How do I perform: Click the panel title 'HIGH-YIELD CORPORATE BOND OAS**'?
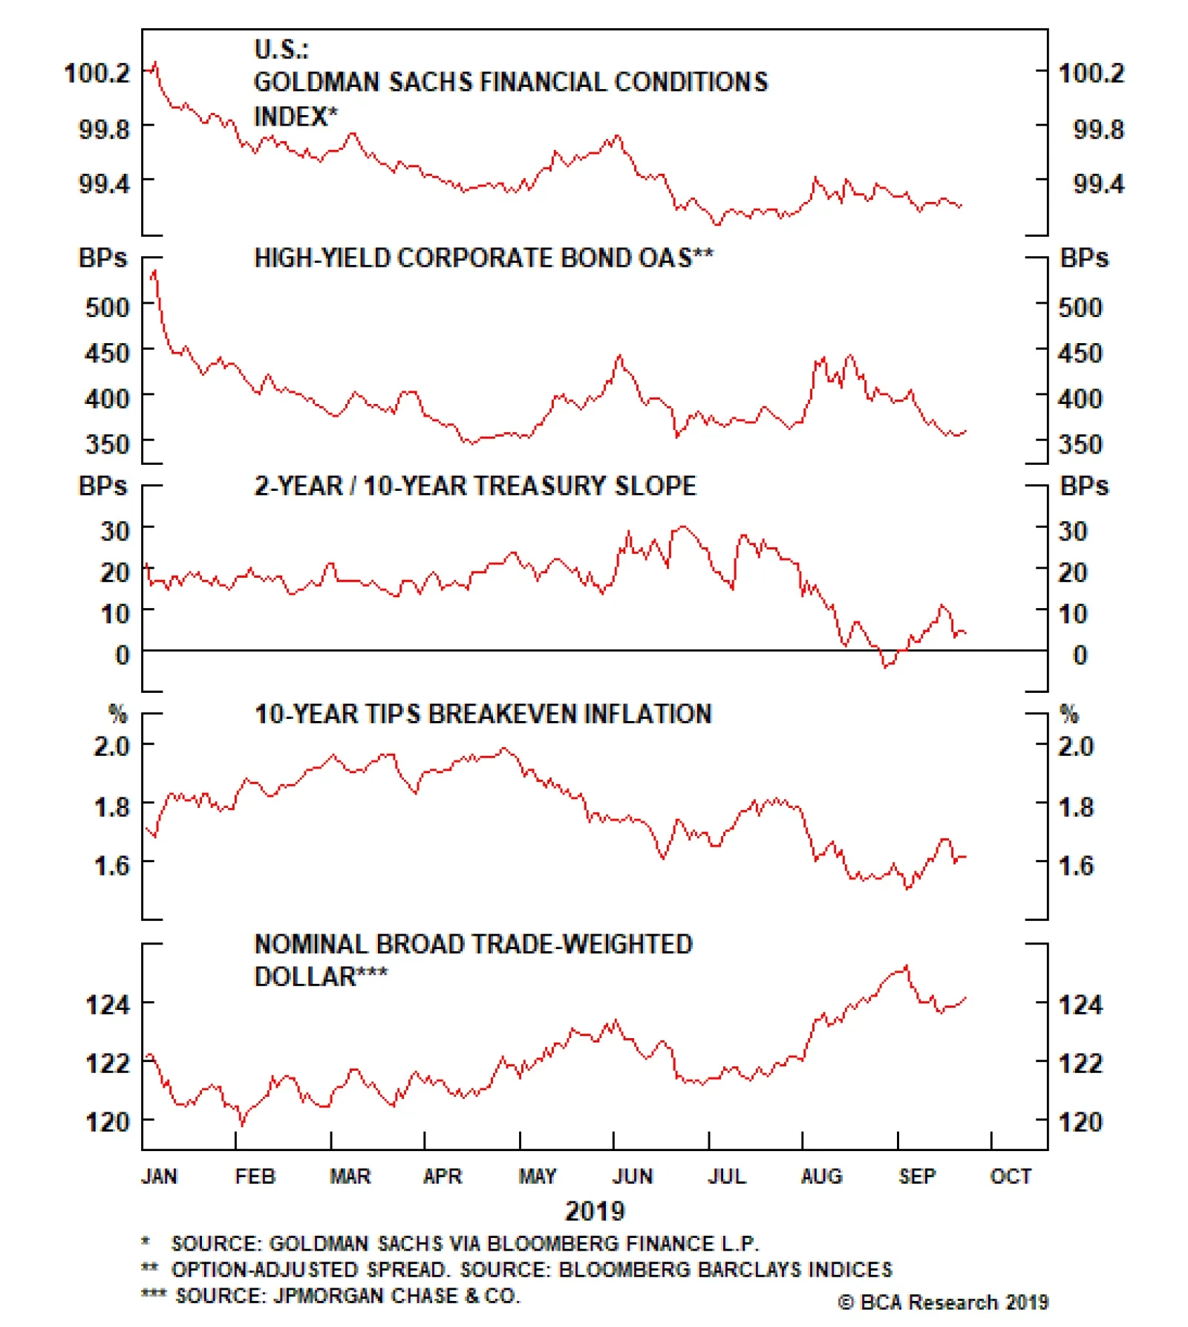click(483, 258)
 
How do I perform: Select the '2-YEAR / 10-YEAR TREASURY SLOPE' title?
click(475, 486)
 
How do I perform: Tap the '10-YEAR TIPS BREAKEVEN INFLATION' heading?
click(483, 714)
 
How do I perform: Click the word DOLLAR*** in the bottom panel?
click(320, 976)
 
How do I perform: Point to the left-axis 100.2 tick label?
click(97, 73)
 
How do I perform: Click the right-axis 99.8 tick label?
click(1098, 129)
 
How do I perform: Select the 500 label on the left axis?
click(107, 307)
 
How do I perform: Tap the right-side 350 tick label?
click(1080, 444)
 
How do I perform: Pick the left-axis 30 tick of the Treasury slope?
click(115, 531)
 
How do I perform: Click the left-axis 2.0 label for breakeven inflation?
click(111, 746)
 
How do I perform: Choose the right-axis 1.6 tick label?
click(1076, 865)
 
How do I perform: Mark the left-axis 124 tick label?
click(108, 1005)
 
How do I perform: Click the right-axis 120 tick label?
click(1080, 1121)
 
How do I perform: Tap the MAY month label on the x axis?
click(537, 1176)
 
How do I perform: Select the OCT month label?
click(1011, 1176)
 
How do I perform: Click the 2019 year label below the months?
click(595, 1211)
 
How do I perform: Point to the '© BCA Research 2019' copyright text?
click(943, 1302)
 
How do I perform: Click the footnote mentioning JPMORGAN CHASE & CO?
click(331, 1295)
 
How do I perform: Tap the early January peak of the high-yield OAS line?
click(154, 273)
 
